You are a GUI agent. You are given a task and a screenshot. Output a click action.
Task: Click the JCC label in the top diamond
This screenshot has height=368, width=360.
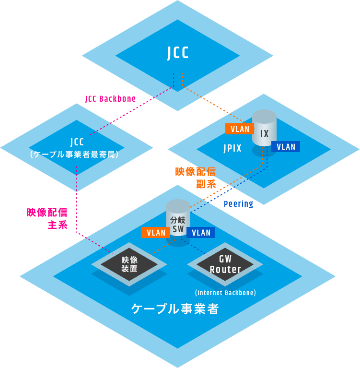point(178,53)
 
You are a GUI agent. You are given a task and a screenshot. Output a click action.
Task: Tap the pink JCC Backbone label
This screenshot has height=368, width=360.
point(110,99)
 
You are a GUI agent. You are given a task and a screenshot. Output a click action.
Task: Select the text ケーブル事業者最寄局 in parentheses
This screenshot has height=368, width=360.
point(77,155)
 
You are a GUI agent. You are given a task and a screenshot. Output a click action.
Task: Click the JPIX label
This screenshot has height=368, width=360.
point(232,148)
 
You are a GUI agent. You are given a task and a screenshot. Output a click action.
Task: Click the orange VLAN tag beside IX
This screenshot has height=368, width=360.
point(240,129)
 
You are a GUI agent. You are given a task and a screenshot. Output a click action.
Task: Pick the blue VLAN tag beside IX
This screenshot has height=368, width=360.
point(286,147)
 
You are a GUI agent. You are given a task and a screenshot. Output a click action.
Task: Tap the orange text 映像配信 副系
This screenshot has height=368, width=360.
point(195,178)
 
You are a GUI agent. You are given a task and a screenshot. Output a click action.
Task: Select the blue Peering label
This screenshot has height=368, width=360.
point(238,204)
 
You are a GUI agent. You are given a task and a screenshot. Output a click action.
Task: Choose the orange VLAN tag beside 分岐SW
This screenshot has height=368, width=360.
point(156,233)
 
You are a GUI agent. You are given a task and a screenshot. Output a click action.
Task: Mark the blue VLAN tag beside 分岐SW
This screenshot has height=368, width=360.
point(201,233)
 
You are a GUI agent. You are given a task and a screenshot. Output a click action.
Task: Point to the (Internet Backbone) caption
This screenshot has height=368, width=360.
point(225,293)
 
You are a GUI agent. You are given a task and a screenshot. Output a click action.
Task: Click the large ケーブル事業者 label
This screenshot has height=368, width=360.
point(175,309)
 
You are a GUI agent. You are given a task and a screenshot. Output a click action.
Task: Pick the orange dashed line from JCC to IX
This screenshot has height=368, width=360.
point(213,104)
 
